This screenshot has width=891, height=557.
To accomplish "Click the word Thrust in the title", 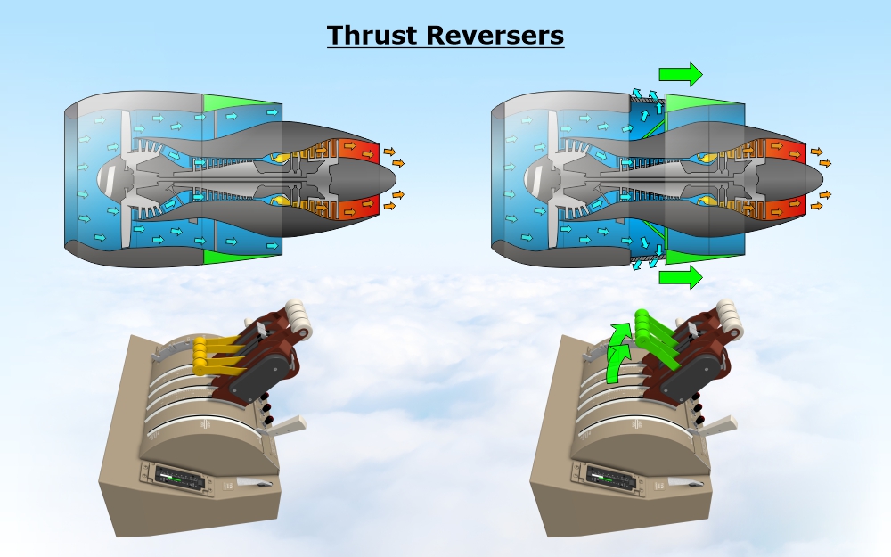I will [x=372, y=35].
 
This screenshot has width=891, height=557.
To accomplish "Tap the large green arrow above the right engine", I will [x=681, y=73].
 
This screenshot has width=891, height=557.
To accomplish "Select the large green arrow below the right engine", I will [x=681, y=278].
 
